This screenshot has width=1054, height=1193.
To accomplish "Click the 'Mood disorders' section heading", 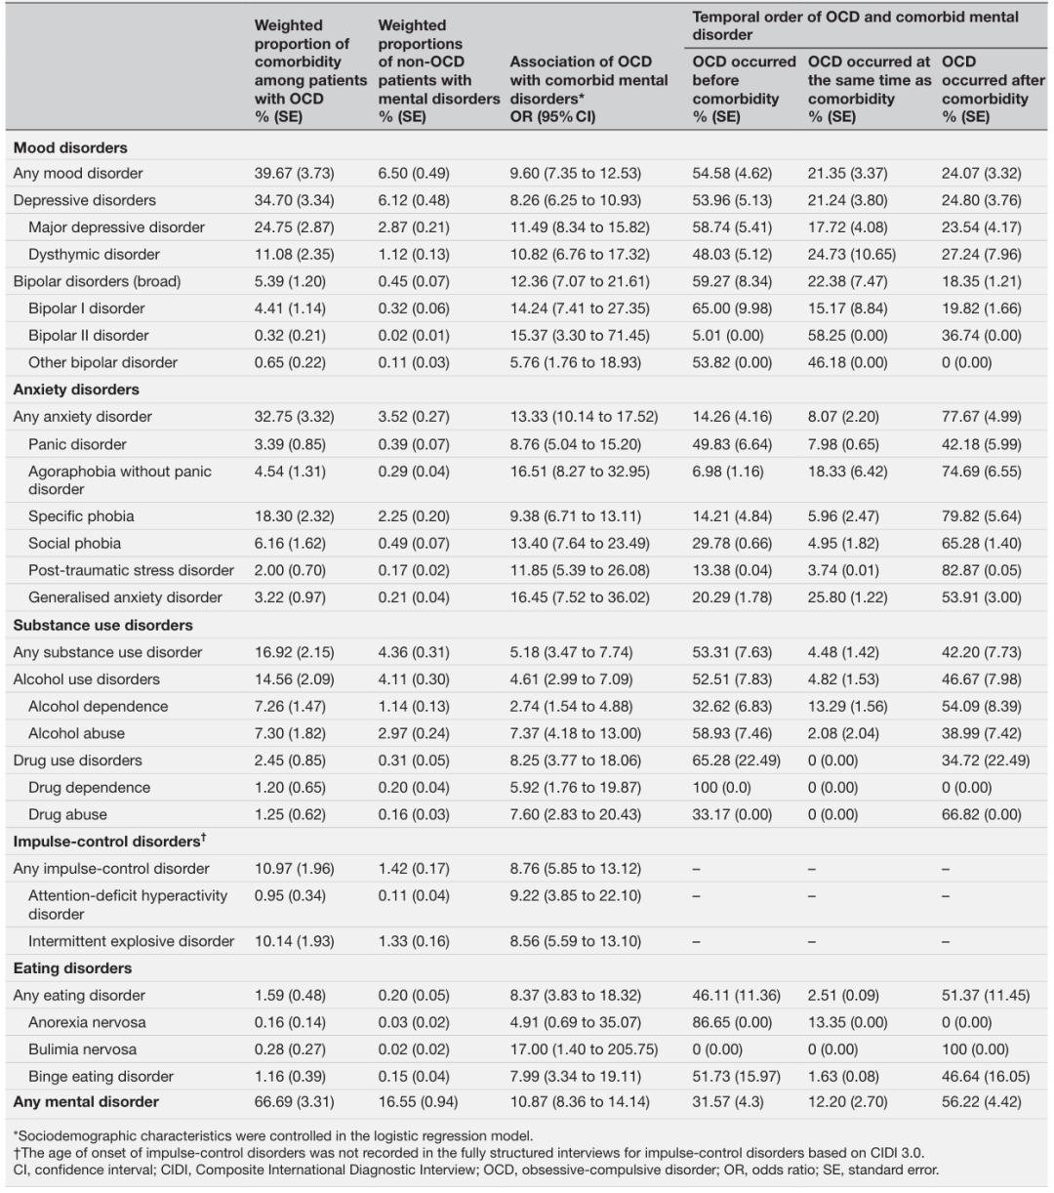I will tap(70, 148).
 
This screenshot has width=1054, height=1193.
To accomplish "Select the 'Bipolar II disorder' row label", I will tap(89, 336).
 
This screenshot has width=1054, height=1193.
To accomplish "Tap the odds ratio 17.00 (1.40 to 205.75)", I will tap(584, 1049).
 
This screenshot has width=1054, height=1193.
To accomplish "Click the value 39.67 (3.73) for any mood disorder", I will tap(294, 174).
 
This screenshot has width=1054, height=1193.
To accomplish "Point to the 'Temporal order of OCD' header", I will tap(855, 25).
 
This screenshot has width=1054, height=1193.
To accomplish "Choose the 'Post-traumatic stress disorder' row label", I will tap(131, 570).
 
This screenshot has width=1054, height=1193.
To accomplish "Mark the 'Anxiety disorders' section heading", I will tap(76, 390).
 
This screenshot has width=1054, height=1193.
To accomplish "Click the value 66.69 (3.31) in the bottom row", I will tap(294, 1102).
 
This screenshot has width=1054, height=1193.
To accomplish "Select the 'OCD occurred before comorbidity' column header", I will tap(744, 89).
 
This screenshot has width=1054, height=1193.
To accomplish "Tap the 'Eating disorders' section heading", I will tap(72, 968).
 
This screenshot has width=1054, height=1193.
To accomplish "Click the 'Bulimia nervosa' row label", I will tap(82, 1049).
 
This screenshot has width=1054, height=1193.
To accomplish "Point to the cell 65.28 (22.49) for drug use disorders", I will tap(736, 761).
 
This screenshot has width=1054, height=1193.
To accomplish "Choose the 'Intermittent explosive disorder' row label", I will tap(131, 941).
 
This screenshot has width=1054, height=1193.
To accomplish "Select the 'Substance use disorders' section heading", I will tap(102, 625).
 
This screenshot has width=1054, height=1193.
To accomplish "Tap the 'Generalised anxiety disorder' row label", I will tap(125, 597).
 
